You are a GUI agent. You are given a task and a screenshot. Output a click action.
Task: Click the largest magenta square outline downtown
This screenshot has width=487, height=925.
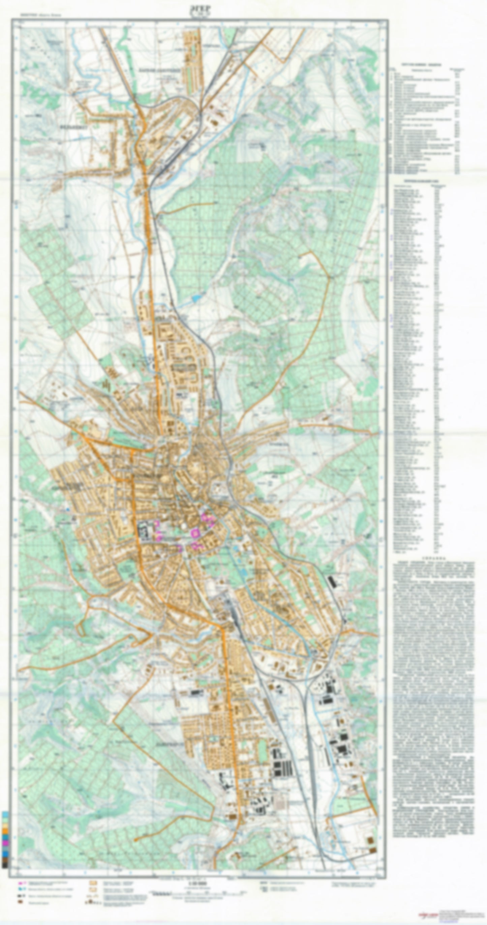pyautogui.click(x=195, y=533)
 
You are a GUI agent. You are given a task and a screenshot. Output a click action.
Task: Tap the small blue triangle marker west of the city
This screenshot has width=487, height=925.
pyautogui.click(x=67, y=510)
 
